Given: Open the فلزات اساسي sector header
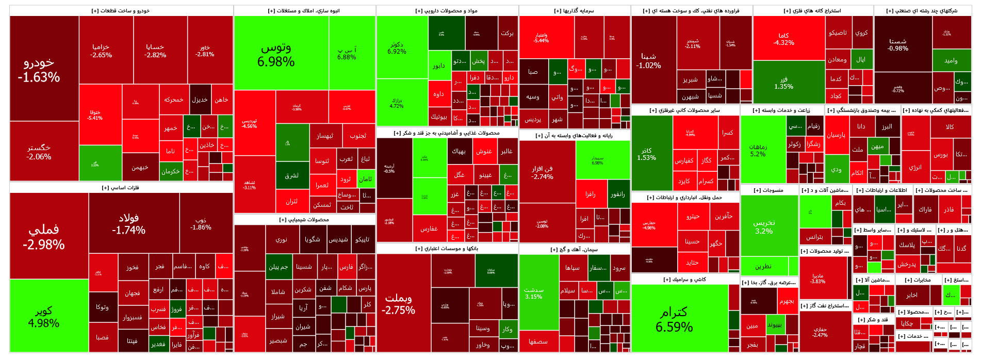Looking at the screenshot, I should point(121,188).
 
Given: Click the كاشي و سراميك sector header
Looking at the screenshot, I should point(685,280).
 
